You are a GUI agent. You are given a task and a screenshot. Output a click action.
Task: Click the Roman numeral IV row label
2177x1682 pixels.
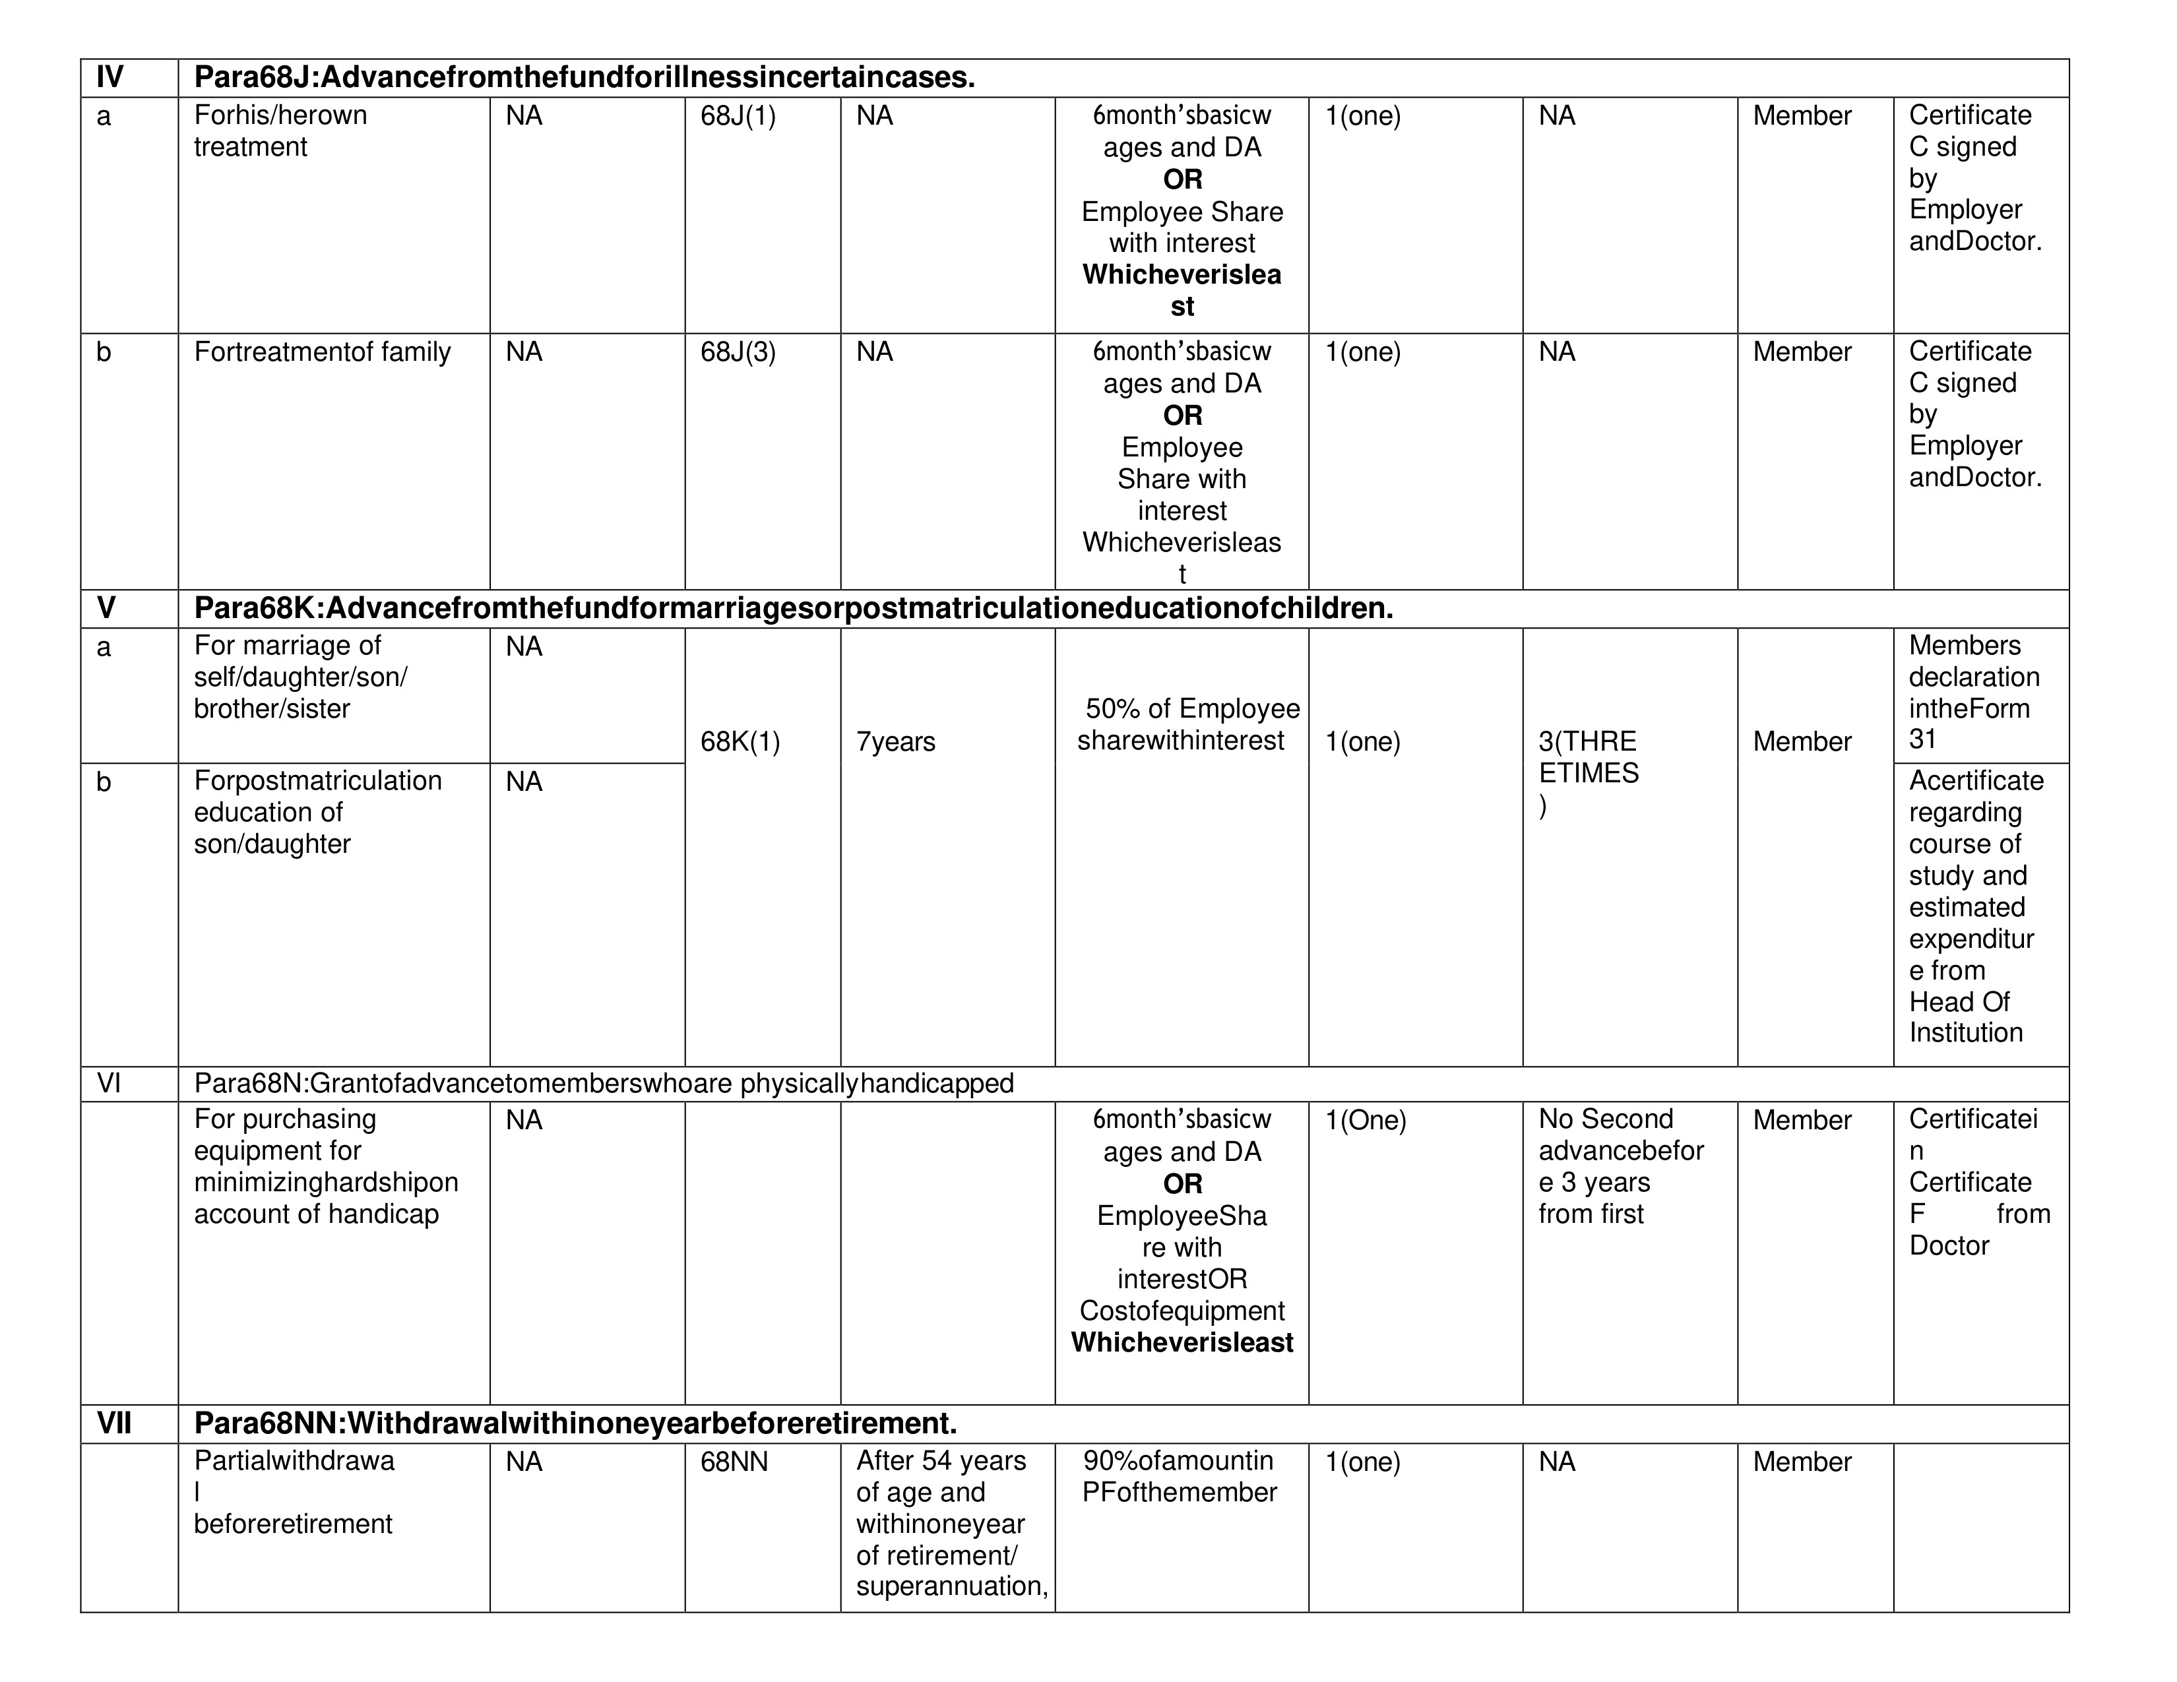pyautogui.click(x=110, y=77)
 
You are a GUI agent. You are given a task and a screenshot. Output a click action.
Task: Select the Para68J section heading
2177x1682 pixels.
pyautogui.click(x=584, y=77)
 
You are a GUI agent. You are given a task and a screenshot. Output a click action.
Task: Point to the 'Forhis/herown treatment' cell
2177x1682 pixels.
pyautogui.click(x=280, y=131)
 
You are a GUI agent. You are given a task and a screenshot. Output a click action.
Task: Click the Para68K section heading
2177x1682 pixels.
pyautogui.click(x=792, y=608)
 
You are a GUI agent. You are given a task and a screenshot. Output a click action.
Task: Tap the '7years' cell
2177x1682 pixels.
pyautogui.click(x=895, y=741)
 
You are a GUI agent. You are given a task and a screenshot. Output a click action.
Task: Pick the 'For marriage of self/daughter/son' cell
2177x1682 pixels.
pyautogui.click(x=300, y=677)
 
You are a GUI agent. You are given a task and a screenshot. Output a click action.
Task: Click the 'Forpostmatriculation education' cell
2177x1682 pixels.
pyautogui.click(x=317, y=812)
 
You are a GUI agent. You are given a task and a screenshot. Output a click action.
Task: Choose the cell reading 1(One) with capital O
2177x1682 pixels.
pyautogui.click(x=1365, y=1120)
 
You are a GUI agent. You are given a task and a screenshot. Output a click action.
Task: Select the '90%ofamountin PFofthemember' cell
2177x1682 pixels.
pyautogui.click(x=1180, y=1477)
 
